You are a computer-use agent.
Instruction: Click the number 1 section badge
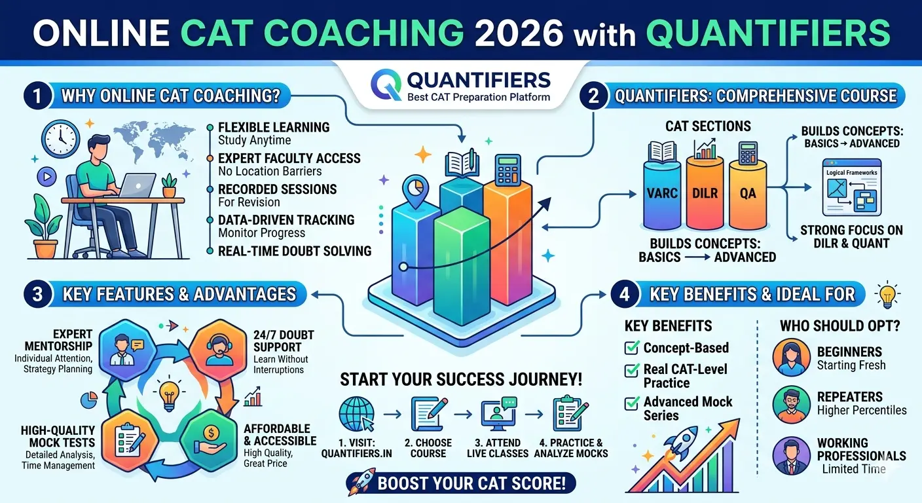pos(37,96)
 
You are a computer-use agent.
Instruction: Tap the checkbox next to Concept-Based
pos(632,348)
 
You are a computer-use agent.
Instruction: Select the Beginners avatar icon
pos(791,357)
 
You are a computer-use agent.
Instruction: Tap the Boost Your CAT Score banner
pos(461,483)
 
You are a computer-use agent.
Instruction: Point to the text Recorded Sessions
pos(277,189)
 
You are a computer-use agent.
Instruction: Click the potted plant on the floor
pos(45,230)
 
